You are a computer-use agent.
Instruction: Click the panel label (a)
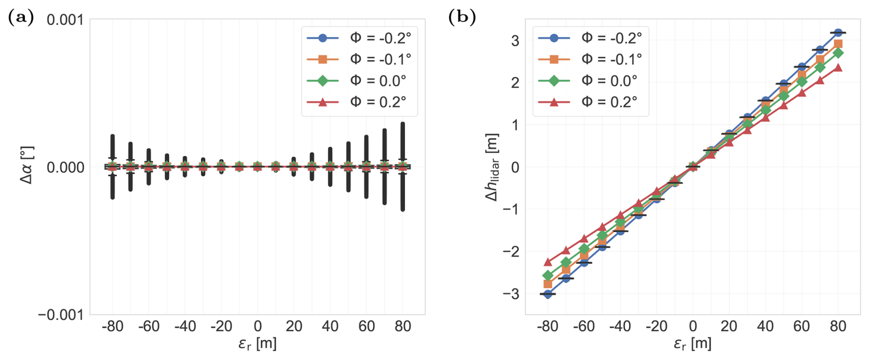click(x=21, y=18)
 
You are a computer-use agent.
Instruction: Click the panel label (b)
click(x=462, y=18)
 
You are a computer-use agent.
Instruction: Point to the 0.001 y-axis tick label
click(x=65, y=20)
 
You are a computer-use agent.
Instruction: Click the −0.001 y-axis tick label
click(x=61, y=315)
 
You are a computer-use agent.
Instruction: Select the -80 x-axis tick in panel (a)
click(x=112, y=326)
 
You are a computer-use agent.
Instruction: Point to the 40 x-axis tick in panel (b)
click(x=765, y=326)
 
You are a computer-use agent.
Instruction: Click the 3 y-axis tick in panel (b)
click(x=515, y=40)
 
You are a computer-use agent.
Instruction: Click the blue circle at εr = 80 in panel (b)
click(x=838, y=33)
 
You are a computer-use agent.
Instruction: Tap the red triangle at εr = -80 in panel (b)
click(x=548, y=262)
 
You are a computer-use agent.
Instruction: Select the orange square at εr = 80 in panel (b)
click(x=838, y=45)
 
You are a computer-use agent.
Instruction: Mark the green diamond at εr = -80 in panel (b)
click(x=548, y=275)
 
